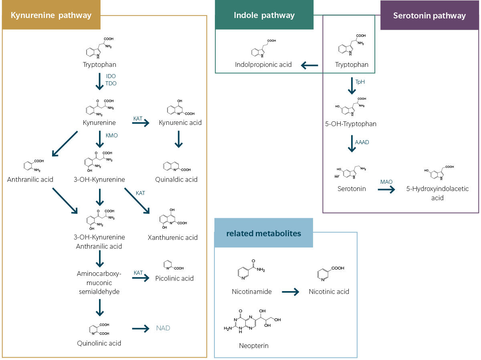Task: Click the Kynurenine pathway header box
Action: (x=51, y=16)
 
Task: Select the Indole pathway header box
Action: (x=264, y=15)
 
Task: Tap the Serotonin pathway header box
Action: (x=429, y=16)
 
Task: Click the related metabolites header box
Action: (x=263, y=233)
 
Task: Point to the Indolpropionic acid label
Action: (x=263, y=64)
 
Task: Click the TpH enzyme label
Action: (x=360, y=82)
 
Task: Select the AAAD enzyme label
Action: (x=362, y=142)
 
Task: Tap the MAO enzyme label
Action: (x=386, y=182)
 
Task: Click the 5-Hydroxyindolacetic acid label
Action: (x=437, y=193)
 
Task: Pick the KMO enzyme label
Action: (x=111, y=135)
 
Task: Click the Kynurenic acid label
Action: (x=180, y=123)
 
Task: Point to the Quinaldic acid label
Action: (x=176, y=179)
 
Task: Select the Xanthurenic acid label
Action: (x=173, y=237)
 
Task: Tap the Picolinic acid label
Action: (x=174, y=278)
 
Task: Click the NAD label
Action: (x=163, y=328)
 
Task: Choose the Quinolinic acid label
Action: (x=99, y=343)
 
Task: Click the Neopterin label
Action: (x=254, y=346)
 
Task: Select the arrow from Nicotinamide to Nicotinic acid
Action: (x=291, y=292)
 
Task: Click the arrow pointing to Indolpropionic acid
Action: (x=309, y=65)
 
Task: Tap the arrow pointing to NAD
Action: (x=141, y=328)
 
